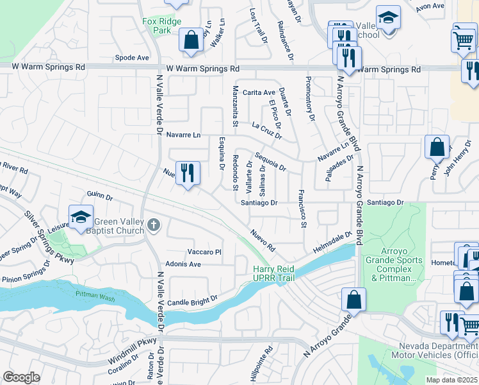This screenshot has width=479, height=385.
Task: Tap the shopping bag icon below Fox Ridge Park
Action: (x=191, y=40)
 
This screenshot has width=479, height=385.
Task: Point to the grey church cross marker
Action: (x=152, y=224)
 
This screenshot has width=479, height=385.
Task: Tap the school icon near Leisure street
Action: (x=81, y=218)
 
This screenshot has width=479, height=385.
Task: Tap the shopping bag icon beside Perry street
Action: (x=436, y=148)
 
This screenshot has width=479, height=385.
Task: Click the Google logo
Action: (x=21, y=377)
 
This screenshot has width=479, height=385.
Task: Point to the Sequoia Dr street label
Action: (x=270, y=162)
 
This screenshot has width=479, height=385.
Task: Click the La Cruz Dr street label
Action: (x=267, y=130)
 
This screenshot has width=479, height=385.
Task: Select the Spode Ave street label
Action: (x=132, y=57)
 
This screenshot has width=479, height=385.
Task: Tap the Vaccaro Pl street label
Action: (x=204, y=252)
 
